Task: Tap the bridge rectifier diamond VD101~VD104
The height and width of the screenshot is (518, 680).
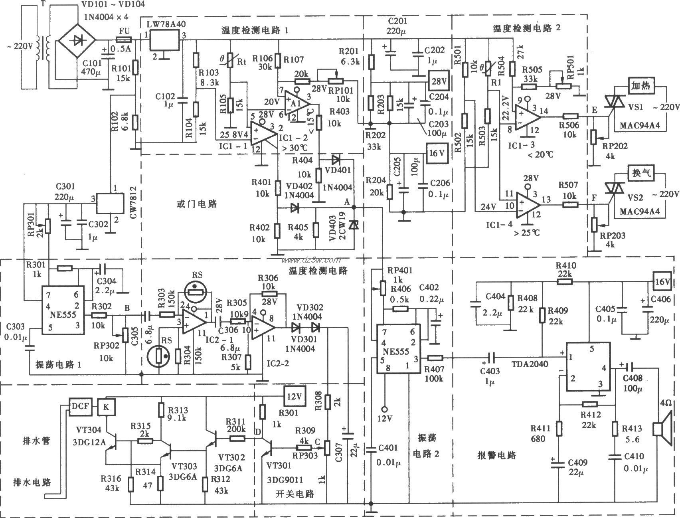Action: click(x=77, y=40)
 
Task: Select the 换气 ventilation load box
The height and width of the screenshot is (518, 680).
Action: click(x=641, y=173)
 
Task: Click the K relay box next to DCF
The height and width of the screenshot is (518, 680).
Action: click(x=106, y=406)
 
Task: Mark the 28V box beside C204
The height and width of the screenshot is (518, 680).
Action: click(x=439, y=81)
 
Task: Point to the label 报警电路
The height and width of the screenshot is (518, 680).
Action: click(x=497, y=455)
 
